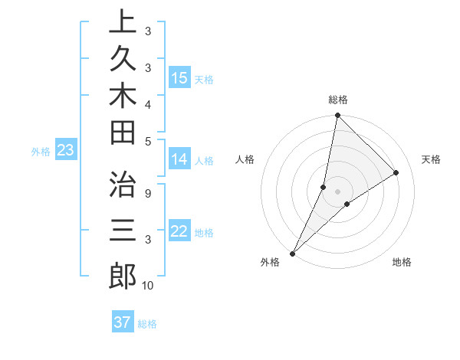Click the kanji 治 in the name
tap(123, 185)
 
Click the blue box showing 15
tap(179, 78)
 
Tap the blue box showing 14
tap(179, 159)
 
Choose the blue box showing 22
tap(179, 231)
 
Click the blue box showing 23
tap(65, 151)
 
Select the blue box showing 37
tap(123, 322)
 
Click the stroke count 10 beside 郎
tap(147, 286)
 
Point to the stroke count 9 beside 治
tap(147, 192)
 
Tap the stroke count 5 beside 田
tap(147, 141)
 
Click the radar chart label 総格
tap(338, 100)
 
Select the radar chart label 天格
tap(432, 159)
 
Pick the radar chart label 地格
tap(402, 262)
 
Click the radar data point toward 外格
tap(293, 253)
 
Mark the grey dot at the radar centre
tap(337, 191)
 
